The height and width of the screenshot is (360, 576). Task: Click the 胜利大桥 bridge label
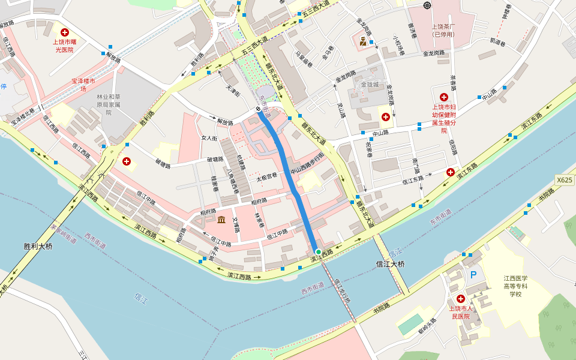coord(38,246)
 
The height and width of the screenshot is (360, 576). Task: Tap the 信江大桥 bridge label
coord(391,264)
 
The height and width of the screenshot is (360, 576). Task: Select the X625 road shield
coord(564,179)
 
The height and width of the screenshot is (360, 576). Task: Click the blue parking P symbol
coord(473,275)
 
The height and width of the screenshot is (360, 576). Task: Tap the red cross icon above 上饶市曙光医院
coord(64,32)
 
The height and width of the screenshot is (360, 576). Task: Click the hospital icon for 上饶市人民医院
coord(461,299)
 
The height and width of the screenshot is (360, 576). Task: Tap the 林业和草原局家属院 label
coord(109,104)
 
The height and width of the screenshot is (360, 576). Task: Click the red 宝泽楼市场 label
coord(83,85)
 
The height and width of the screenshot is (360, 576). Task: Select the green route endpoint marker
coord(318,251)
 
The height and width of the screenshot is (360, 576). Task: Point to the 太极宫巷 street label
coord(267,177)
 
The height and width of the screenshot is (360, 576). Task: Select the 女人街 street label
coord(209,138)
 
